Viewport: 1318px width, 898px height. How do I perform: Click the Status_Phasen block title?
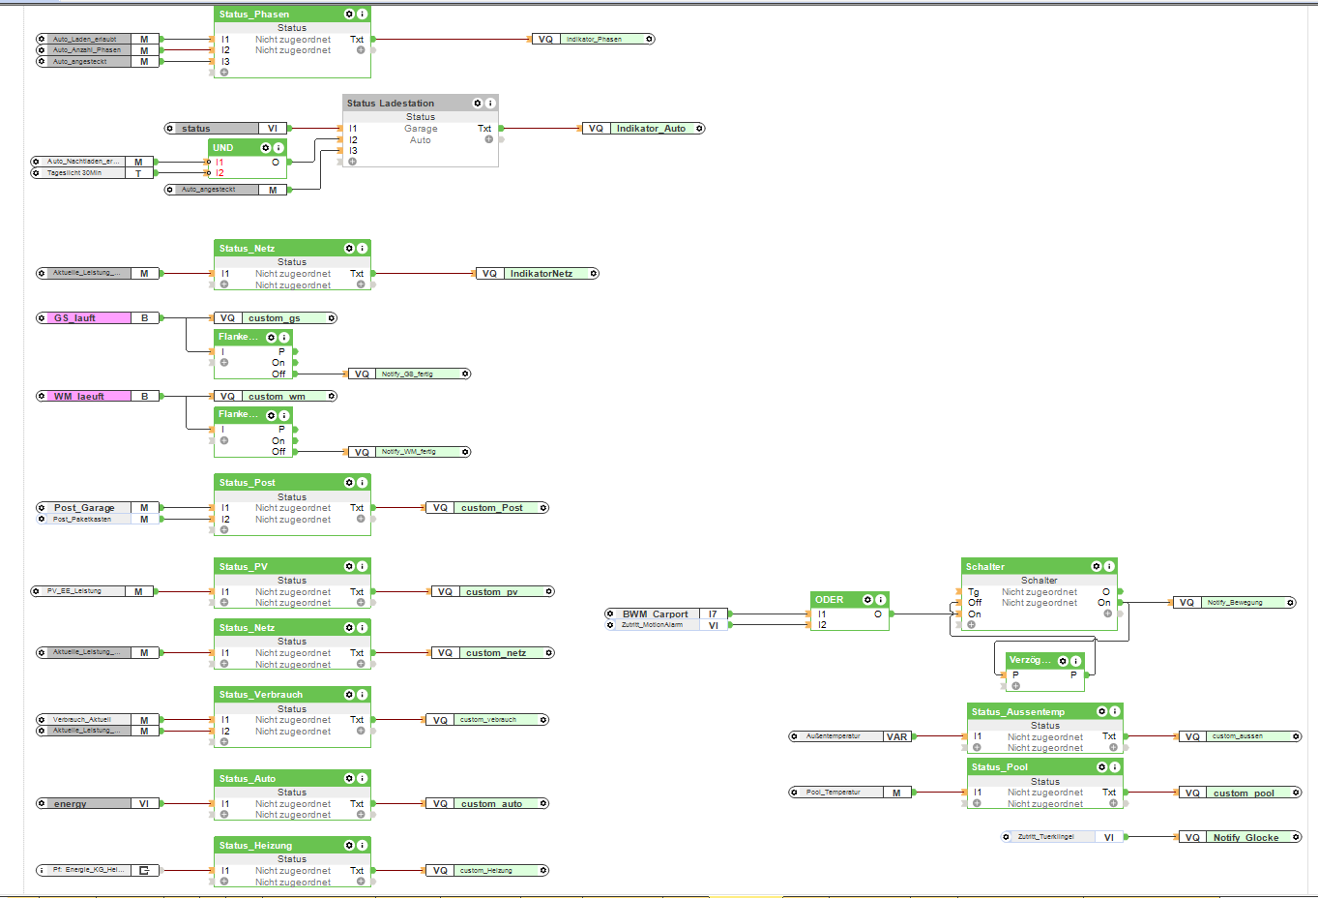[x=254, y=15]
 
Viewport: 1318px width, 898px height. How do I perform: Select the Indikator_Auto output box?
[x=651, y=129]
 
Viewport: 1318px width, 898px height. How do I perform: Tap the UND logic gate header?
[x=223, y=148]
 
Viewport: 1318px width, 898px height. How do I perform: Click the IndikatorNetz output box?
[x=542, y=274]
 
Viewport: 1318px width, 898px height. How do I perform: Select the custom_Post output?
[x=492, y=508]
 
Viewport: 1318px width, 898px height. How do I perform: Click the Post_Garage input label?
[x=84, y=508]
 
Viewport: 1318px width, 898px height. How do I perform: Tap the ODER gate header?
[x=830, y=600]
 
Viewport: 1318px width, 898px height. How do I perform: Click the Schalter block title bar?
[x=985, y=567]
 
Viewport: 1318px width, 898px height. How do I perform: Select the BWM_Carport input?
[x=656, y=614]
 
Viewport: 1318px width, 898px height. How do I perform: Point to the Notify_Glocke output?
[x=1245, y=838]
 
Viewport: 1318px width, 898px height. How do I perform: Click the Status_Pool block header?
[x=1000, y=767]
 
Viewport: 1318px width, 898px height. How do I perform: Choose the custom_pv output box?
[x=492, y=592]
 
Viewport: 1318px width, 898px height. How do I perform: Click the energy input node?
[x=71, y=804]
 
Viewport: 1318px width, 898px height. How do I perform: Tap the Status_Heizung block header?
[x=255, y=846]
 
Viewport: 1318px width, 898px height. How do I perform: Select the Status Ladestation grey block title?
[x=391, y=104]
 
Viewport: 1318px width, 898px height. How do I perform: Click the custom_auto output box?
[x=491, y=804]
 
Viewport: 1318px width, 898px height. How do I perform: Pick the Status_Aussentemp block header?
[x=1018, y=712]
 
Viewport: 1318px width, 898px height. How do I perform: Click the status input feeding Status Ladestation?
[x=196, y=129]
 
